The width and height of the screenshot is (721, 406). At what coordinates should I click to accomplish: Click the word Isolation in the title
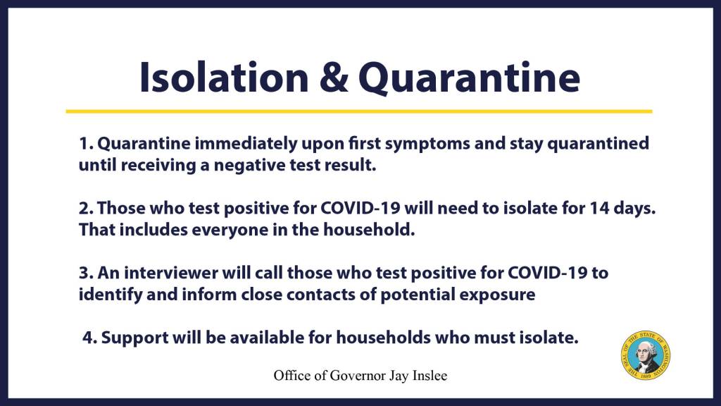224,77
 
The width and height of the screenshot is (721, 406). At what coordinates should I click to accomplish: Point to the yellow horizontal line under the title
359,111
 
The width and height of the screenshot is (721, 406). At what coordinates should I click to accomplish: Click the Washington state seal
645,355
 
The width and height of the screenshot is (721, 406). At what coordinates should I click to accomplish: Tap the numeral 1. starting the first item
86,144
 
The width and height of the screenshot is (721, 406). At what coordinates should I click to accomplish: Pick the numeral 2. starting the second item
86,209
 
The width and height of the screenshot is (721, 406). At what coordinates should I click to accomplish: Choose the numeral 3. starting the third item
86,273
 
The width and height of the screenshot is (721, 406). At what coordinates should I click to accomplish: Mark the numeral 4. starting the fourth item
89,338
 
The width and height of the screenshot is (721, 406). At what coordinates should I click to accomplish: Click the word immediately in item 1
246,144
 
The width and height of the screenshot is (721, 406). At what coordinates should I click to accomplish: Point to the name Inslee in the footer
430,376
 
